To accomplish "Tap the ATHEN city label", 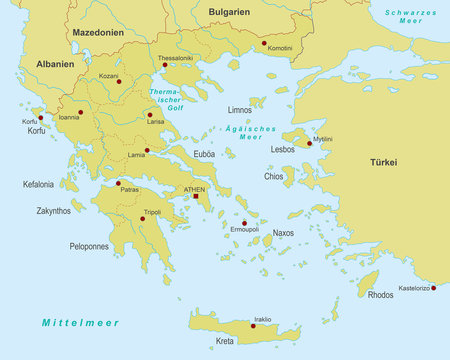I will tap(193, 188).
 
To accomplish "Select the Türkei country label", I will tap(383, 162).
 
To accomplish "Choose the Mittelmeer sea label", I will tap(80, 323).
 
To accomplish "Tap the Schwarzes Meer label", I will tap(412, 17).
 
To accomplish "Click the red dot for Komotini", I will tap(264, 43).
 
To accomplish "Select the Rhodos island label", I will tap(381, 295).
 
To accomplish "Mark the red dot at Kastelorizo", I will tap(433, 287).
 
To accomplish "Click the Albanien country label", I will tap(54, 63).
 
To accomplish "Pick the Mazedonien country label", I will tap(96, 33).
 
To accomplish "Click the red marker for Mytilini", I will tap(310, 143).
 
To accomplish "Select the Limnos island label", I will tap(240, 110).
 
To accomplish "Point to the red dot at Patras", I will tap(119, 183).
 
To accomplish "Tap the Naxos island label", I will tap(284, 233).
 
